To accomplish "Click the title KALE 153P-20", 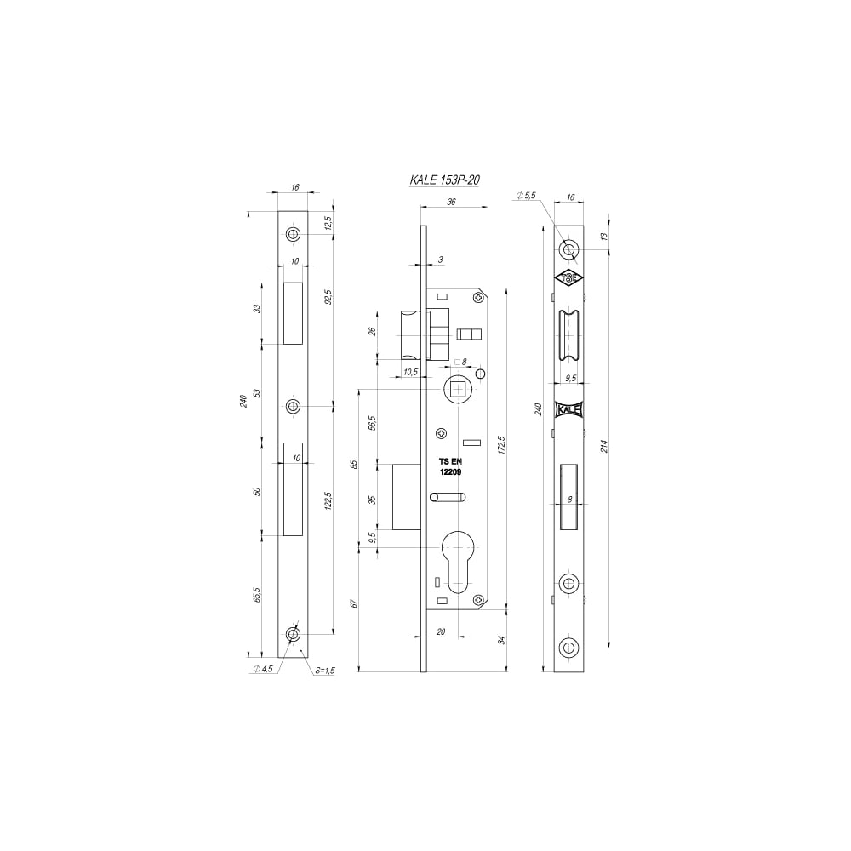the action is (x=444, y=180).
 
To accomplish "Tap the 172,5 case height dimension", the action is (x=501, y=444).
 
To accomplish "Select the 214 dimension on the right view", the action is (x=604, y=446).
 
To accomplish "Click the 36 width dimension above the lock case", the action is (x=451, y=202).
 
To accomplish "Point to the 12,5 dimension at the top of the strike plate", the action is (x=328, y=222).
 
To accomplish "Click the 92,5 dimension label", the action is (x=328, y=298).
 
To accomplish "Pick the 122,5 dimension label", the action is (x=328, y=501).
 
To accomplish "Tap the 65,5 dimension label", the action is (x=257, y=595).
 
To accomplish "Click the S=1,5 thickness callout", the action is (x=325, y=671).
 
